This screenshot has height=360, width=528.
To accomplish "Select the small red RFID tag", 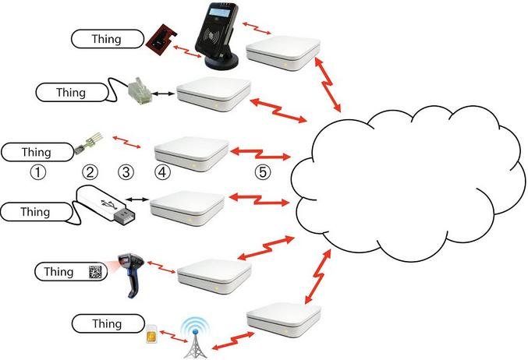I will coord(162,41).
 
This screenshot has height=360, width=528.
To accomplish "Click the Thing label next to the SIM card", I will coord(107,322).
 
